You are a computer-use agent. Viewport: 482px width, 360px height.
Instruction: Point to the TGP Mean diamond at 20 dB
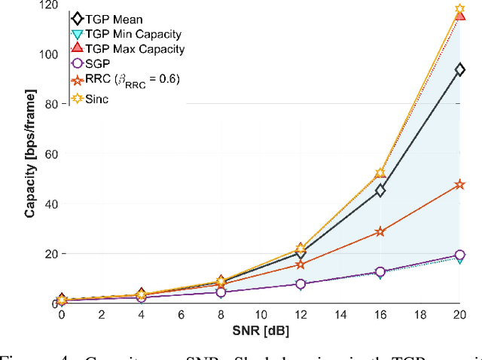click(x=459, y=69)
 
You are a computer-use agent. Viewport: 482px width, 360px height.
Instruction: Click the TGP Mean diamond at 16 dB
click(x=380, y=191)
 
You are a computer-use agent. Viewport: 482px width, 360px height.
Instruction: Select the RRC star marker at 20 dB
click(x=459, y=185)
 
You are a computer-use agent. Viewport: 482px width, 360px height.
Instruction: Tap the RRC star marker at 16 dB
click(x=380, y=232)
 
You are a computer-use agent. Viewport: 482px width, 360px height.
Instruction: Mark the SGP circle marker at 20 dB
click(x=459, y=255)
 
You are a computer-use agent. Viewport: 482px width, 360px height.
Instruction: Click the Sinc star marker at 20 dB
click(x=459, y=10)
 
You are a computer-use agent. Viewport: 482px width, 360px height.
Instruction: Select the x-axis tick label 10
click(x=261, y=314)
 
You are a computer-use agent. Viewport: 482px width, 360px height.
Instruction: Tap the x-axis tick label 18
click(x=419, y=314)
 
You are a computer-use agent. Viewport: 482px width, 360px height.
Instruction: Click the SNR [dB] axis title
click(x=261, y=330)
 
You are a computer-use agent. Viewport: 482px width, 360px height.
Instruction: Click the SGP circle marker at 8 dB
click(x=221, y=292)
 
